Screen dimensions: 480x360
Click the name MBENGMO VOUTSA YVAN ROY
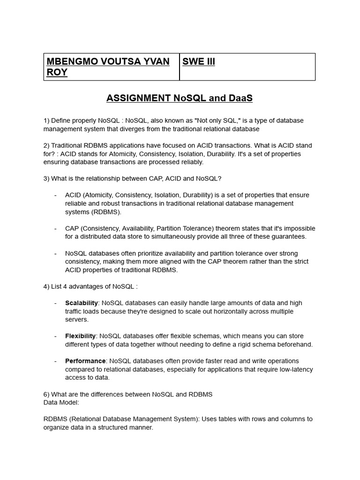coord(108,67)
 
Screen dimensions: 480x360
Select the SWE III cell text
coord(199,62)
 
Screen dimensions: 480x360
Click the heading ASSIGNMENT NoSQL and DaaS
coord(180,98)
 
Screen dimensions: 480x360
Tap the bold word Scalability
coord(82,303)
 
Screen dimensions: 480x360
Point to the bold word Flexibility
coord(81,336)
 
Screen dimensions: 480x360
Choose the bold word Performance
coord(85,361)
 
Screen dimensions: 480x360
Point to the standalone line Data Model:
coord(61,402)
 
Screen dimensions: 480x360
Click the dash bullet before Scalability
coord(55,303)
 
